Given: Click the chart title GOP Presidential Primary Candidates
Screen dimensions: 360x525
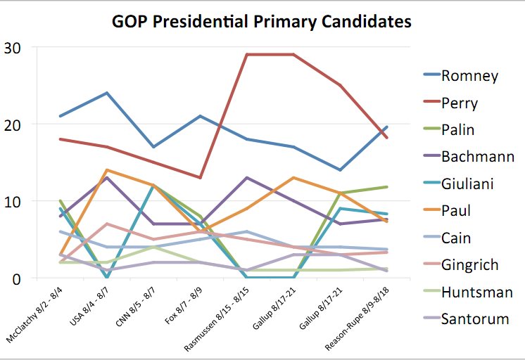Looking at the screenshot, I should click(x=262, y=22).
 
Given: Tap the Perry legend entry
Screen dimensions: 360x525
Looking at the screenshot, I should click(x=460, y=103).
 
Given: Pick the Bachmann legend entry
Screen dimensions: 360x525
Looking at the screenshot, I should click(x=478, y=157).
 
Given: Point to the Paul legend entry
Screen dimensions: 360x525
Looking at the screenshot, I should click(x=456, y=210).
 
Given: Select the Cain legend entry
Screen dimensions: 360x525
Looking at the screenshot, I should click(x=456, y=238).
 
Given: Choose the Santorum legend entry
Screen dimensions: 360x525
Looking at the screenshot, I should click(x=475, y=319).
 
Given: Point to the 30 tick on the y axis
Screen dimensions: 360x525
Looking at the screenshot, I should click(x=13, y=48).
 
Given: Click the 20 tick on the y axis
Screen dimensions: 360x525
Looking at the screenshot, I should click(x=13, y=124).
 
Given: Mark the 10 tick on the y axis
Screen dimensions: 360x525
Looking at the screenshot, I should click(x=13, y=201).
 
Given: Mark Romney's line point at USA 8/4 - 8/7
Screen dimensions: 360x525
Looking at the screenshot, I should click(x=106, y=93).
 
